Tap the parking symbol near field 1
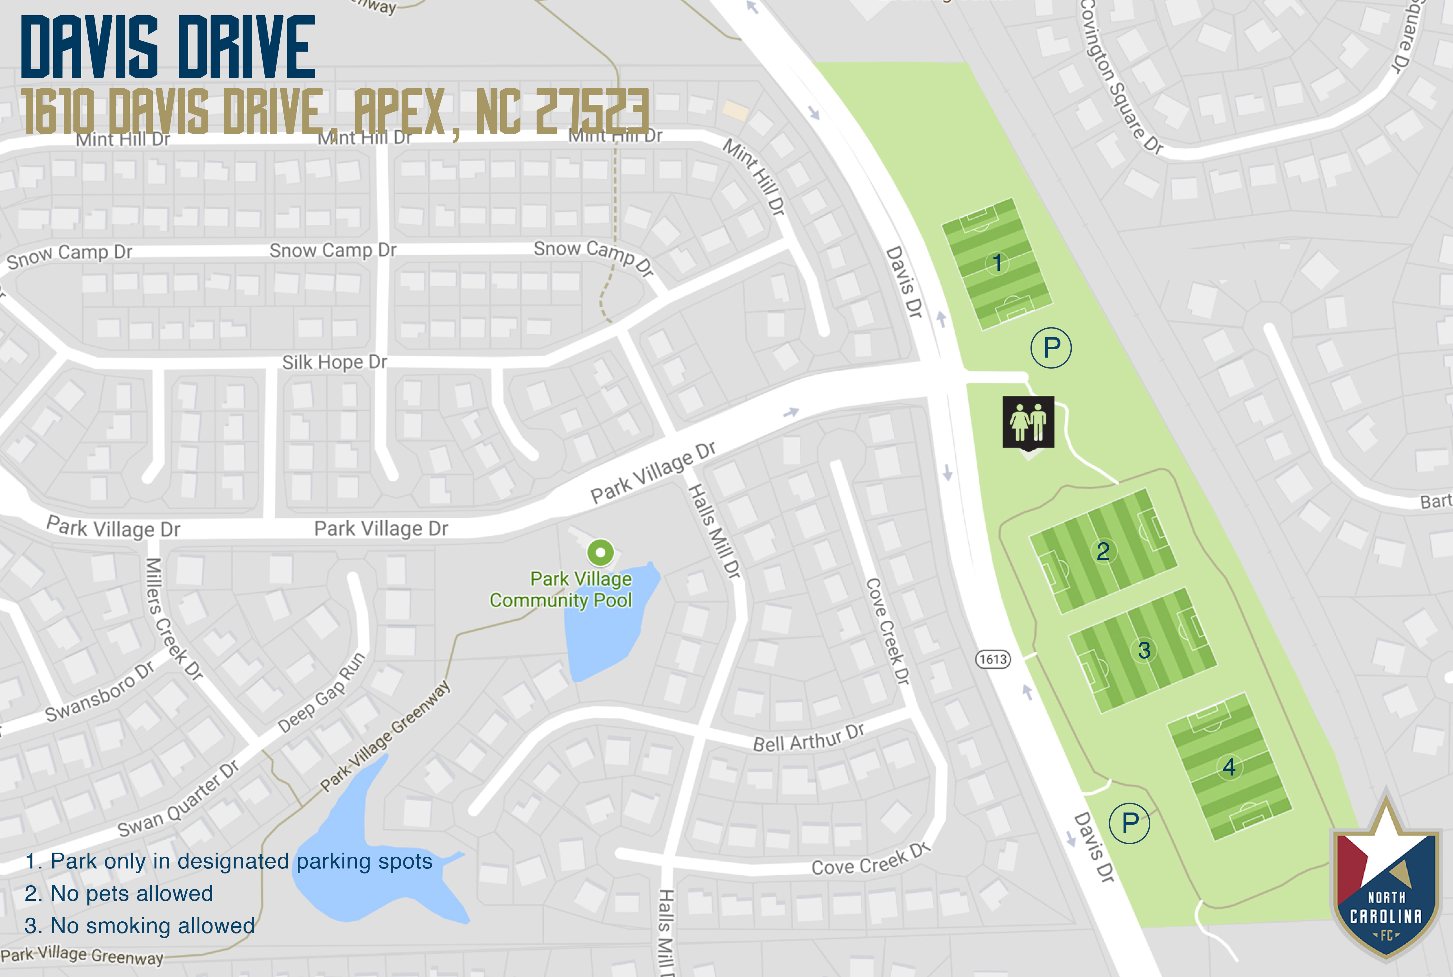tap(1051, 348)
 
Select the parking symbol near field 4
tap(1129, 824)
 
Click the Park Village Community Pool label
tap(561, 590)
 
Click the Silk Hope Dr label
tap(335, 362)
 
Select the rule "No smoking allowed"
tap(140, 926)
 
